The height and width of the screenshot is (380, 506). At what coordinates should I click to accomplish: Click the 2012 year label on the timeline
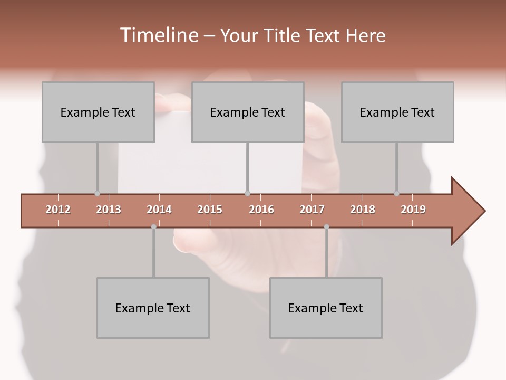coord(58,210)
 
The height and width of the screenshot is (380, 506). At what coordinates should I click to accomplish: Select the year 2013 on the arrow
coord(109,210)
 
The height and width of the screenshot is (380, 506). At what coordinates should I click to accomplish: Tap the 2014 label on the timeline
coord(159,210)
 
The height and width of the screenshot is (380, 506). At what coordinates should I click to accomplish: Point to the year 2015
coord(210,210)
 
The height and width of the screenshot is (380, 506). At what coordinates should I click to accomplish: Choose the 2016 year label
coord(261,210)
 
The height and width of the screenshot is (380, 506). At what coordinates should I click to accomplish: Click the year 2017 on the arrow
coord(312,210)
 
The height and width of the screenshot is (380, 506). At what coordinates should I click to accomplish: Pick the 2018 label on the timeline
coord(363,210)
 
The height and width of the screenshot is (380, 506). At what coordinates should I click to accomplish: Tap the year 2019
coord(413,210)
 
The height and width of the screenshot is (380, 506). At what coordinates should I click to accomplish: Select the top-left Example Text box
coord(98,112)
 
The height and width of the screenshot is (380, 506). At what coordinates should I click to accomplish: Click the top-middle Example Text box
coord(248,112)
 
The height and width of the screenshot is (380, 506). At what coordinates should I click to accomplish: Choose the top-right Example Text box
coord(397,112)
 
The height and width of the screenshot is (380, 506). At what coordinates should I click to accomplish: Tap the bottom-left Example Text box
coord(153,308)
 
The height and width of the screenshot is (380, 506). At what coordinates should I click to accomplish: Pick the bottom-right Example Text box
coord(326,308)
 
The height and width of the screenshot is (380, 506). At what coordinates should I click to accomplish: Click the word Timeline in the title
coord(159,35)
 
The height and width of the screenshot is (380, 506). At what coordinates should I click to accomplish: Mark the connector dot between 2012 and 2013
coord(97,193)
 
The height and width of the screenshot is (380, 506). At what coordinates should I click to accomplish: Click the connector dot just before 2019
coord(397,193)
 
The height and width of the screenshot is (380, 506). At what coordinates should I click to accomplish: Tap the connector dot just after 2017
coord(326,227)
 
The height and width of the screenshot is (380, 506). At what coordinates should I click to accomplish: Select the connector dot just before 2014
coord(153,227)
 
